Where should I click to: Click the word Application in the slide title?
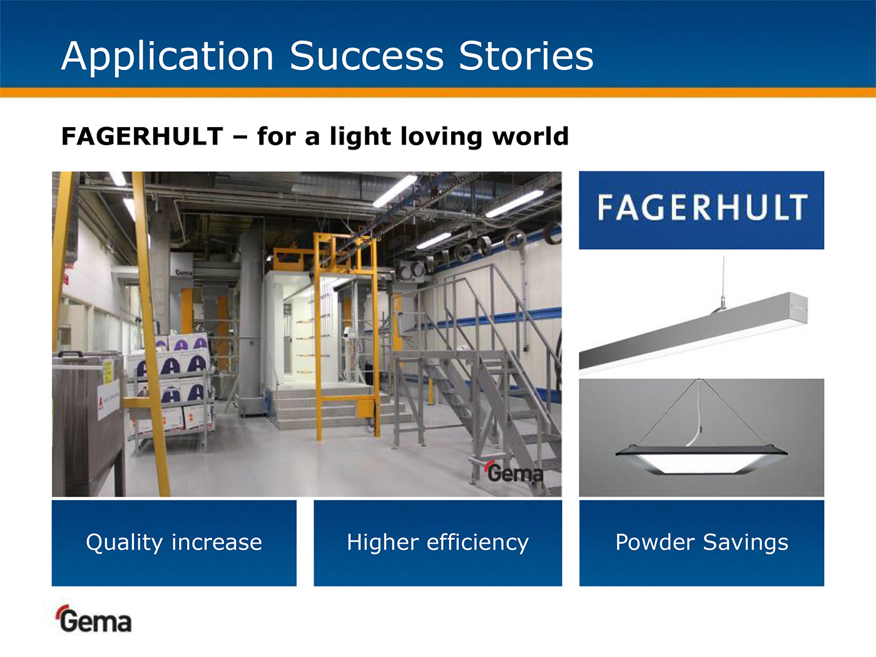167,56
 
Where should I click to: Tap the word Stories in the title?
526,56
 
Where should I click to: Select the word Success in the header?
367,56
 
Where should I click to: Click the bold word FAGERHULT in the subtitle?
142,136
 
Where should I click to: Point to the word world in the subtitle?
531,136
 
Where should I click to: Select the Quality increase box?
174,543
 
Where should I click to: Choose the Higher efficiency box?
438,543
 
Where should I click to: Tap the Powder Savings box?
701,543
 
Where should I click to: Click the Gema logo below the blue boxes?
94,619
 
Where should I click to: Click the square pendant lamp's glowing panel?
701,463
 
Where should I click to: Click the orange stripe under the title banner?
438,93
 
